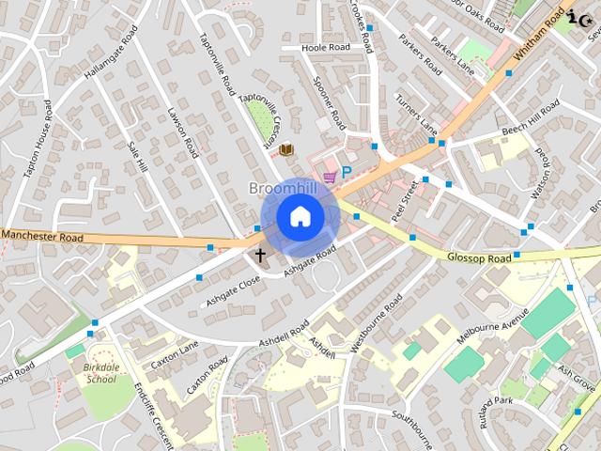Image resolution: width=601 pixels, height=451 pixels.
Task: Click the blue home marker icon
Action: [x=300, y=217]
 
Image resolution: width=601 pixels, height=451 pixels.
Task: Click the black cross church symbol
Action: [x=260, y=254]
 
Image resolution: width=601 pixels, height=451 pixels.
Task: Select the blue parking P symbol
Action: [x=346, y=173]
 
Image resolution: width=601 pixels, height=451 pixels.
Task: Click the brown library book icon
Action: [x=286, y=148]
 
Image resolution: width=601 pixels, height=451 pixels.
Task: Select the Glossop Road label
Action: [x=479, y=257]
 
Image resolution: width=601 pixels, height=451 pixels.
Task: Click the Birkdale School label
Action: [x=100, y=373]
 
